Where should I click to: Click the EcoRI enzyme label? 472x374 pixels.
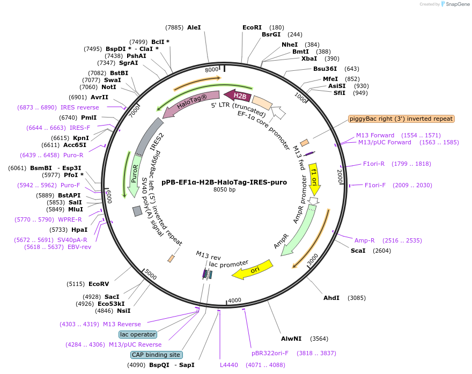[x=252, y=27]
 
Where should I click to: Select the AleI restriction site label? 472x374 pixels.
[x=194, y=27]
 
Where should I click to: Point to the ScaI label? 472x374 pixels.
[x=358, y=251]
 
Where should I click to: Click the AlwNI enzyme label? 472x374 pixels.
[x=291, y=339]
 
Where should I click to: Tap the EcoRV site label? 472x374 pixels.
[x=99, y=284]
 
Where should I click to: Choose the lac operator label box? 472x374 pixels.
[x=138, y=334]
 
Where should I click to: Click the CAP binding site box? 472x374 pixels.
[x=156, y=355]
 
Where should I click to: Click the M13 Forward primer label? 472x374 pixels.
[x=375, y=135]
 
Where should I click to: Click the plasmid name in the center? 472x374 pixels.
[x=224, y=182]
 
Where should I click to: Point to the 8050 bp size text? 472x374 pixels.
[x=224, y=190]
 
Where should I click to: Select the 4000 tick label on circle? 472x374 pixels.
[x=235, y=300]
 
